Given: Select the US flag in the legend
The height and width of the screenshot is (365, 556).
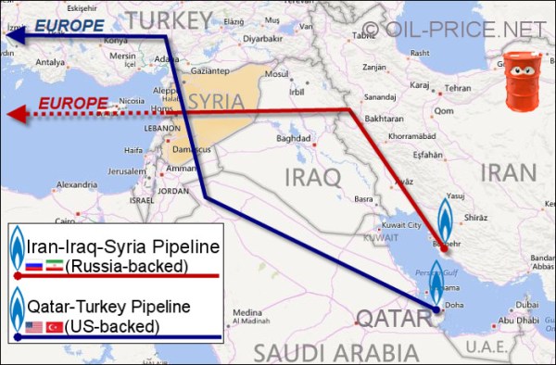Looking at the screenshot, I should tap(35, 326).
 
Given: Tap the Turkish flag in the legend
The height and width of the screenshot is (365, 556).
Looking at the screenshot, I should tap(54, 326).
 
